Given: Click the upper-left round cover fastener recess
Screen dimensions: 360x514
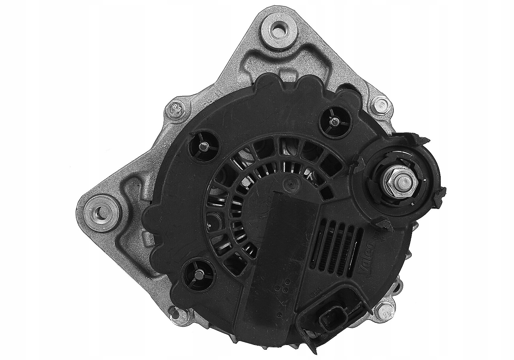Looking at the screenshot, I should [202, 146].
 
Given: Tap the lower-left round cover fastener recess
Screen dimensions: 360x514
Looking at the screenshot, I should [198, 273].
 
